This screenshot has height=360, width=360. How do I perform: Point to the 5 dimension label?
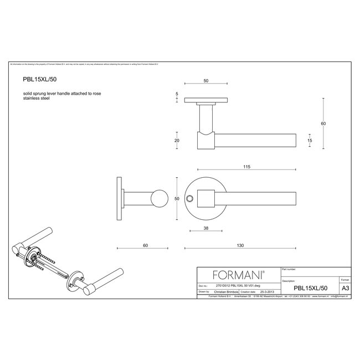point(177,95)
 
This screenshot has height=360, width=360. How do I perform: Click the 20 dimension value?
point(177,141)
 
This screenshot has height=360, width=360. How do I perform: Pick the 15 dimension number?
point(309,141)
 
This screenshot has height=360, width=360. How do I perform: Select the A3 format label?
point(344,288)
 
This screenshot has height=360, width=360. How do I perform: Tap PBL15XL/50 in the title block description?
point(311,288)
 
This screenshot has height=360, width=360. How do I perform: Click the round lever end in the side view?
point(160,198)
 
